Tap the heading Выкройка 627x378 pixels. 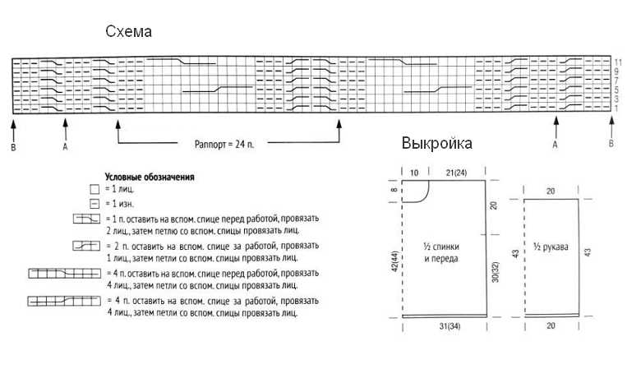436,144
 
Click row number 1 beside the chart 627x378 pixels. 617,108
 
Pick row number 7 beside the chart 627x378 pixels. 617,81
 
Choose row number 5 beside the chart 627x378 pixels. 617,90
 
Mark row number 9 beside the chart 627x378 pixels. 617,71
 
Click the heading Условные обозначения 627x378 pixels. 150,177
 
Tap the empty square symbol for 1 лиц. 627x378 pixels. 94,190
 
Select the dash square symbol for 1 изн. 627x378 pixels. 94,203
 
